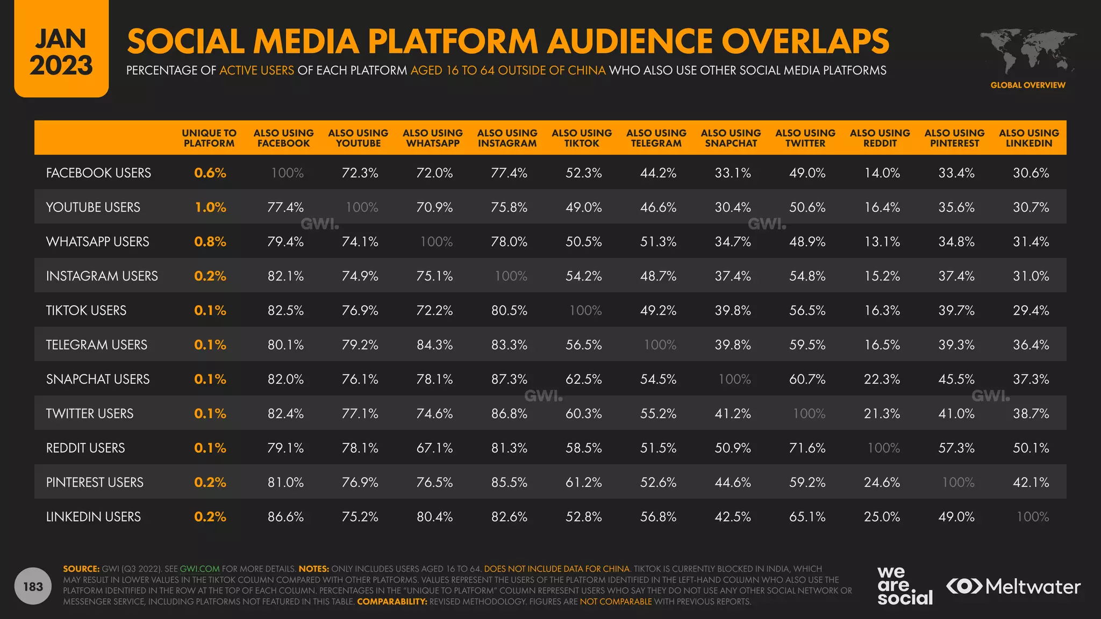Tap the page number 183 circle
click(33, 586)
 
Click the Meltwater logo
click(1013, 586)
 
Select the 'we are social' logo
click(904, 586)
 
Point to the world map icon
click(1028, 51)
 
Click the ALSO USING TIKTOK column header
click(582, 138)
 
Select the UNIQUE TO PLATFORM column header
click(209, 138)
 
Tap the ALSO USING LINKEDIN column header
click(1029, 138)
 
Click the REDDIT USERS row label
click(85, 448)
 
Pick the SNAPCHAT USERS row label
click(98, 379)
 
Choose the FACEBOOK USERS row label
click(98, 172)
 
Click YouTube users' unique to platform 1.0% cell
click(210, 207)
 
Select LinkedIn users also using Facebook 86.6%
click(285, 516)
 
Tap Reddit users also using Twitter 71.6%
click(807, 448)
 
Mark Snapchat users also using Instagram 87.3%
click(509, 379)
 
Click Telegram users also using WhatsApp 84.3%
click(434, 344)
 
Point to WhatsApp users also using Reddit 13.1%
click(882, 241)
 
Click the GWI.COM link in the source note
click(199, 568)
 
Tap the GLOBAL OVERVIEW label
click(1027, 85)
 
